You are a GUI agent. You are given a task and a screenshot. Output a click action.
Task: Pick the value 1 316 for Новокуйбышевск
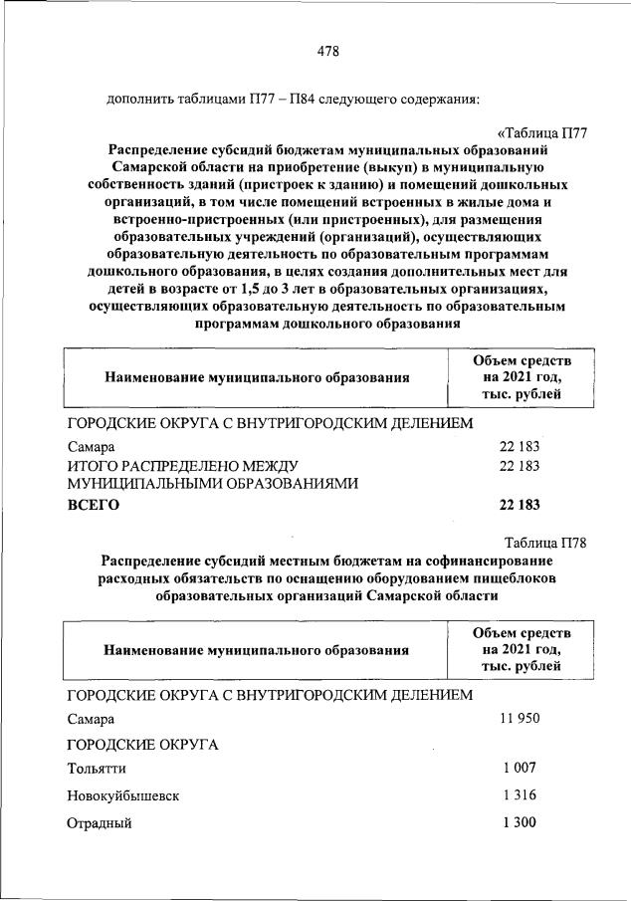point(520,795)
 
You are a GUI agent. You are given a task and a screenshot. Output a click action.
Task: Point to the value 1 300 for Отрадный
point(520,822)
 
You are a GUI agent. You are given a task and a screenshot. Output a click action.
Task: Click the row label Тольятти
point(97,770)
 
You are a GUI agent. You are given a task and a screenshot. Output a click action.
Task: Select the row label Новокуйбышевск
point(123,796)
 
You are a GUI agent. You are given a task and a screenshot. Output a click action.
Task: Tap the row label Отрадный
point(99,823)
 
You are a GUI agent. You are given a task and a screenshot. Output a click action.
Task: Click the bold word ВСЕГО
point(93,505)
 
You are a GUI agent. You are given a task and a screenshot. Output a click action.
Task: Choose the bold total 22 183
point(520,505)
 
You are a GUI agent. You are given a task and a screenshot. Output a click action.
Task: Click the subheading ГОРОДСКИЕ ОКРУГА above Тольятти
point(142,745)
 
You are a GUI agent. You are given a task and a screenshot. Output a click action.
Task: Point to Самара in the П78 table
point(91,719)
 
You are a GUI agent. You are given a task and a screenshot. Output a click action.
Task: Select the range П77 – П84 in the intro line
point(276,100)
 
